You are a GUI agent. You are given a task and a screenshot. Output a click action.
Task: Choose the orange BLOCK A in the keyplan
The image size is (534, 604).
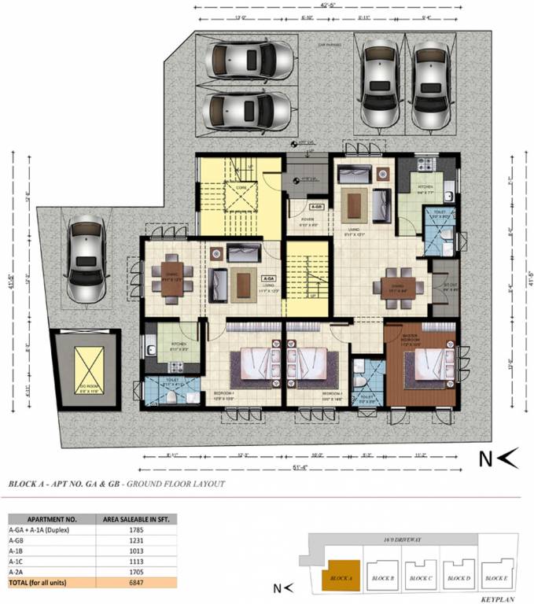coord(341,577)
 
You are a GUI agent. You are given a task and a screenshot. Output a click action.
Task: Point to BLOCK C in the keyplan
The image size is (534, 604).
coord(423,577)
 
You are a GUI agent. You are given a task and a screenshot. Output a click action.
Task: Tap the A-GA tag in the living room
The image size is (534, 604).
coord(268,278)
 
